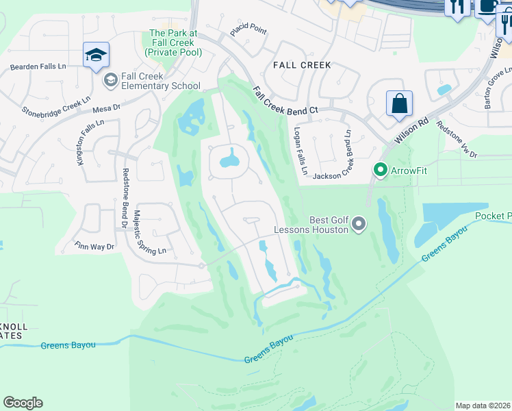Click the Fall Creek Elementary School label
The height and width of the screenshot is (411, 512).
point(160,81)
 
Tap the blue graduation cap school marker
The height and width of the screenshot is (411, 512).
point(96,55)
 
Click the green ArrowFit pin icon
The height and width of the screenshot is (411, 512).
point(379,169)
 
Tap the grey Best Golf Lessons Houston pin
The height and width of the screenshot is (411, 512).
point(358,223)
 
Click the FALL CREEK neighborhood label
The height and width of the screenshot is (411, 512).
point(302,65)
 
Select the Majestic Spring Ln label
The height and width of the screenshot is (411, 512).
point(150,232)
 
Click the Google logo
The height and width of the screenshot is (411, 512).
point(23,403)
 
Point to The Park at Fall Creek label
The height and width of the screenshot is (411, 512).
point(173,42)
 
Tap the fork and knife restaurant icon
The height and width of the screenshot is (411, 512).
point(457,7)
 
